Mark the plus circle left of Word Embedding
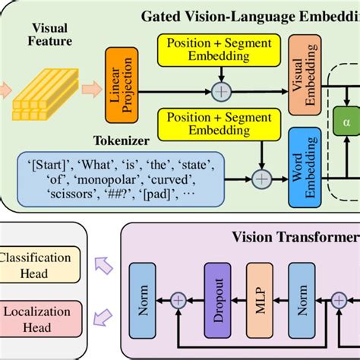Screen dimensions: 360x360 [261, 179]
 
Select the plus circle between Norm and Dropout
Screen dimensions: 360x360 [178, 301]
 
